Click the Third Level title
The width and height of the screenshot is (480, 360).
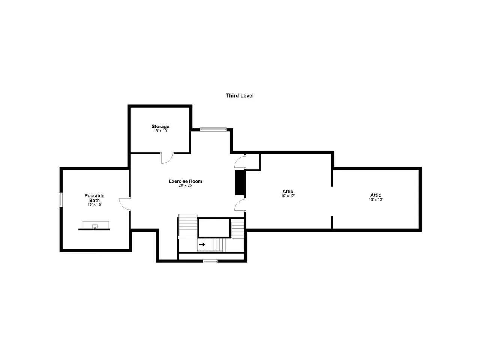(x=240, y=96)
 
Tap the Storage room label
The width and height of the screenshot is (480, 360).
(x=160, y=126)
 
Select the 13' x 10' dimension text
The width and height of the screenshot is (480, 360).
(x=160, y=131)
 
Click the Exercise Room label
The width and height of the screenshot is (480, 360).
(x=185, y=181)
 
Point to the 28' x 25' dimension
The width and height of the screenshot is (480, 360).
(x=185, y=185)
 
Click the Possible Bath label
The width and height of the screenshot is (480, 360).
(x=94, y=198)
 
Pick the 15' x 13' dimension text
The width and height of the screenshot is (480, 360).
(x=94, y=205)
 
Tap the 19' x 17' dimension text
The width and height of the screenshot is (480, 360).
(x=288, y=196)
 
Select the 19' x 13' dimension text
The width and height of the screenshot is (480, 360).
(x=376, y=199)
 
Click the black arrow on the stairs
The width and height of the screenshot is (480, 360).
(x=202, y=244)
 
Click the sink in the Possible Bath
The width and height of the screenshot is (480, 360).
(x=95, y=226)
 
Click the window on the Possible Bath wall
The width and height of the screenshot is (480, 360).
(x=61, y=199)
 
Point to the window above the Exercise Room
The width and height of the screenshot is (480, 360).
(x=213, y=129)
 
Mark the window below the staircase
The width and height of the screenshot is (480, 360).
(x=210, y=261)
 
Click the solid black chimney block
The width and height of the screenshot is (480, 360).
(x=240, y=183)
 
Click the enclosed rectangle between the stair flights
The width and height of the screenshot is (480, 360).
(x=214, y=228)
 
